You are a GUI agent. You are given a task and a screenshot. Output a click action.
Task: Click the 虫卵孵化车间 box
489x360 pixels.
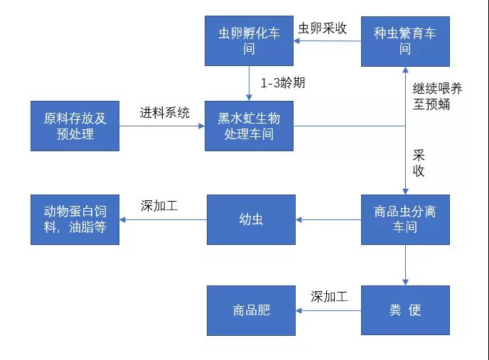[249, 40]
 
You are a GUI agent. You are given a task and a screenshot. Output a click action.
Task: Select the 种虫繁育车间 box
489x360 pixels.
[405, 40]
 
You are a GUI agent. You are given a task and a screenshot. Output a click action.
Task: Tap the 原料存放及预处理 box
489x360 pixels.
[75, 126]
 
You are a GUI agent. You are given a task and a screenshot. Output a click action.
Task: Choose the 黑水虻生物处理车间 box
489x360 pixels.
[249, 126]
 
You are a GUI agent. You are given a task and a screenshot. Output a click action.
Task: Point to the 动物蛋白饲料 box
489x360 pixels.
[75, 219]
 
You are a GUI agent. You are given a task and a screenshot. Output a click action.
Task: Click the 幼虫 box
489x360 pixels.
[251, 219]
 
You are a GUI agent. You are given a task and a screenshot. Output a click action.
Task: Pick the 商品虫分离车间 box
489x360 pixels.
[405, 219]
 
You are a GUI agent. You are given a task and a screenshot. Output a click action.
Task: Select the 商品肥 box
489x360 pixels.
[251, 310]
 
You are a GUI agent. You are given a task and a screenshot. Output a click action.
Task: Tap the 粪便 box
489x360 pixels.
[405, 310]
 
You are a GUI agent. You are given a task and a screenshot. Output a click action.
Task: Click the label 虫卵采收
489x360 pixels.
[323, 28]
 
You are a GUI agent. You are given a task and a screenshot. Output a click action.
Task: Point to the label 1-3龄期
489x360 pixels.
[283, 82]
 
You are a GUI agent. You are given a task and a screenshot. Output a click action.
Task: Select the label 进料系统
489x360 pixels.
[165, 112]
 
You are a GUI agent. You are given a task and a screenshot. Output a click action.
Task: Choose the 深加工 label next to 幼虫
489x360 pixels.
[159, 206]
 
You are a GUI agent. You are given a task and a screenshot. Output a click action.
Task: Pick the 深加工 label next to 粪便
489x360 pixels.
[329, 297]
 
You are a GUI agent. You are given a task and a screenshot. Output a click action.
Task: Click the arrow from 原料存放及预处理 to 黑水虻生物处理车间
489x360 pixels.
[162, 126]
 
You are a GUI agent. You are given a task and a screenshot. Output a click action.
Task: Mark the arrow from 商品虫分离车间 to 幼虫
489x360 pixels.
[328, 219]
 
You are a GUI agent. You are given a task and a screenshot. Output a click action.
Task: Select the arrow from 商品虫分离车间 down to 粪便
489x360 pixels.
[405, 265]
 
